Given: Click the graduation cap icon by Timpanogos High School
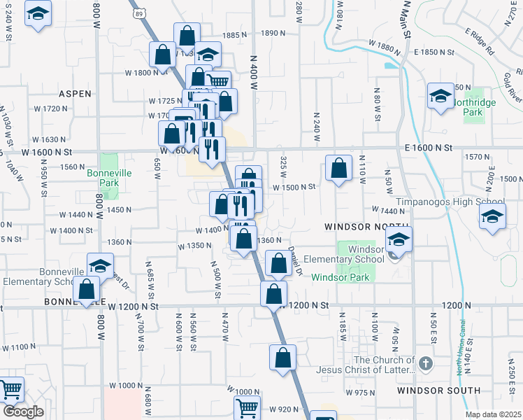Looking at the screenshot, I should pyautogui.click(x=492, y=218).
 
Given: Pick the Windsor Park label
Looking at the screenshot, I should pyautogui.click(x=340, y=277).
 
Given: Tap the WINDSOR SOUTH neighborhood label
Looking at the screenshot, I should pyautogui.click(x=438, y=390).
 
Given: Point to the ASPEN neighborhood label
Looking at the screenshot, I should pyautogui.click(x=76, y=93).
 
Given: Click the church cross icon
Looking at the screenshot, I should pyautogui.click(x=427, y=363).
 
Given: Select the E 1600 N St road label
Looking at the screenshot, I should pyautogui.click(x=429, y=148).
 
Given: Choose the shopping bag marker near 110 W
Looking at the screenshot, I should pyautogui.click(x=338, y=169).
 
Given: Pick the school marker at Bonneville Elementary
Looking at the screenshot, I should pyautogui.click(x=100, y=267).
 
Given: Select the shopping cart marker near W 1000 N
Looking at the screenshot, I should pyautogui.click(x=247, y=408).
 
